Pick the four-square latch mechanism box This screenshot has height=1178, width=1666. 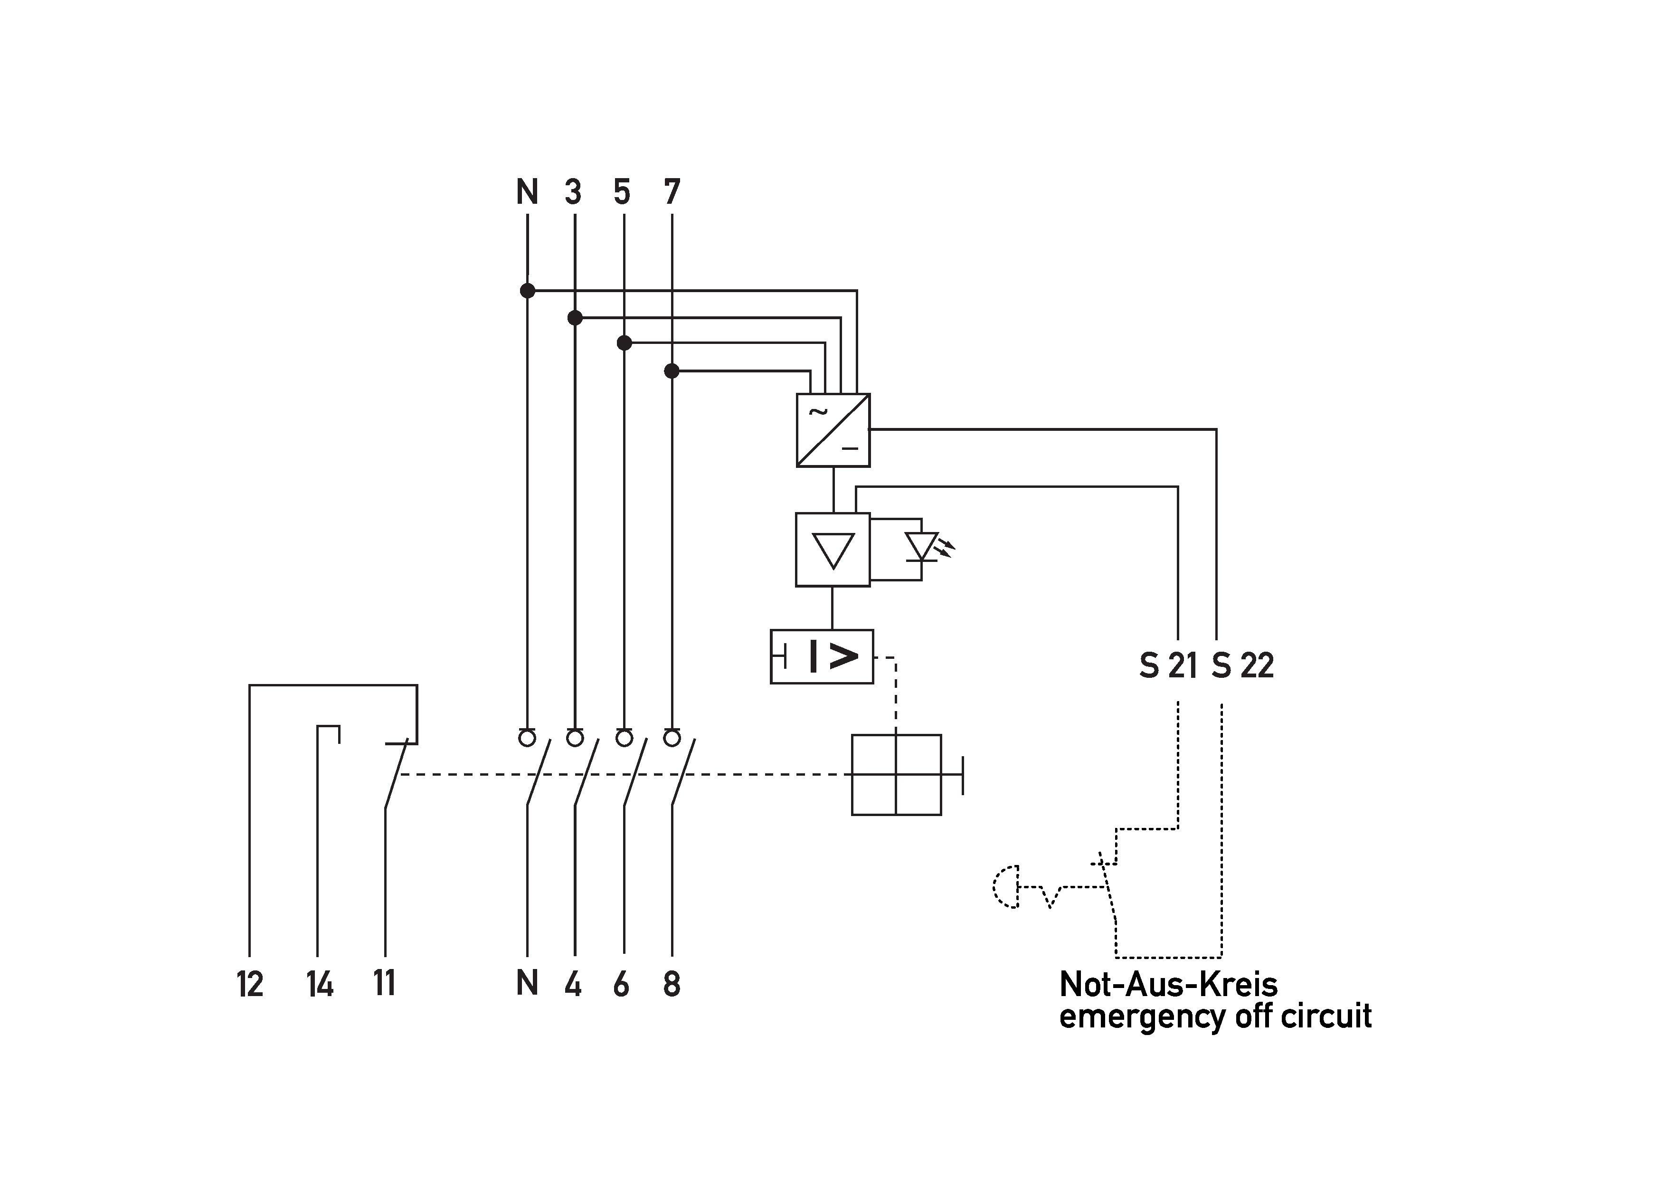click(896, 774)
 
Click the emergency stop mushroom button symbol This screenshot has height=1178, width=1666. click(1006, 886)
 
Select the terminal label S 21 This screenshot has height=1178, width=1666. click(1168, 665)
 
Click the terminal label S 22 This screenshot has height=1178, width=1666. click(1242, 665)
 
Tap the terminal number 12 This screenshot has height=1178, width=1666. click(250, 984)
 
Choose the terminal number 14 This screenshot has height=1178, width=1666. click(319, 984)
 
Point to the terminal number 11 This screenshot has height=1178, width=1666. click(385, 983)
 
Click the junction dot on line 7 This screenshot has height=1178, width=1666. click(672, 371)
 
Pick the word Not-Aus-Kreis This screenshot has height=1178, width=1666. click(1168, 984)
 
